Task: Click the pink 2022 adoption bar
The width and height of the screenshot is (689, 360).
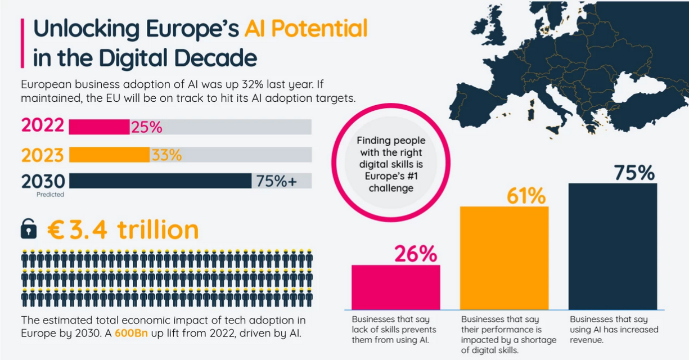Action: [99, 127]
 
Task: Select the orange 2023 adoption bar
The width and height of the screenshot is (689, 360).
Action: [109, 155]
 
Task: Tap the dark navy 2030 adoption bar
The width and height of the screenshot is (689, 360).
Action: [160, 181]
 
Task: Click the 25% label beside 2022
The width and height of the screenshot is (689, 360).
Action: [146, 127]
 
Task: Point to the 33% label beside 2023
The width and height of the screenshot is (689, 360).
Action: [166, 155]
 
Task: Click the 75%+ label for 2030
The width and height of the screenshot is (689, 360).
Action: [276, 181]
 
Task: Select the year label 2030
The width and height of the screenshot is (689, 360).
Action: [43, 181]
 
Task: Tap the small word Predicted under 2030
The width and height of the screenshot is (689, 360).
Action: [51, 195]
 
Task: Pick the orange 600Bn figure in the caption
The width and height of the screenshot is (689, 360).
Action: [130, 333]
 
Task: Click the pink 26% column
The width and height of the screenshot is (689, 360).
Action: [395, 287]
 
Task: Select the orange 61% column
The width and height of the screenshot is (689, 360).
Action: [504, 258]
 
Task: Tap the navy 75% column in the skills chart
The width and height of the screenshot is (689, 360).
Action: [613, 246]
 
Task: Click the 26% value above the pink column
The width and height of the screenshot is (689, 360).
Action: [415, 254]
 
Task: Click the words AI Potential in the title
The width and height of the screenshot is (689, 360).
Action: [305, 29]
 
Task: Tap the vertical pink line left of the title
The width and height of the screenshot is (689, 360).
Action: [22, 42]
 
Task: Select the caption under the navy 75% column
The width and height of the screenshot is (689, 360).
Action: [614, 330]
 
